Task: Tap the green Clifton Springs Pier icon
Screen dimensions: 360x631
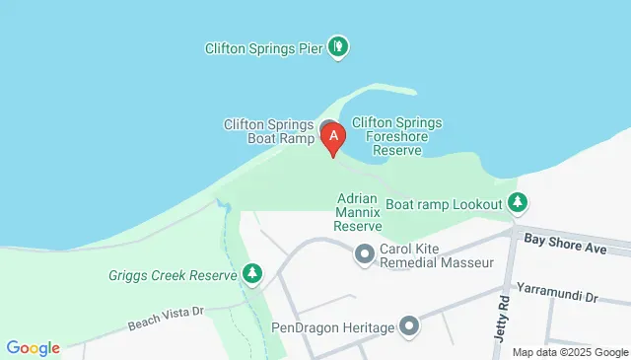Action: [339, 45]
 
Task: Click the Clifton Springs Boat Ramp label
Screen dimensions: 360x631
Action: [268, 131]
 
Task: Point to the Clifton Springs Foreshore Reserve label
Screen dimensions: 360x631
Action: [397, 136]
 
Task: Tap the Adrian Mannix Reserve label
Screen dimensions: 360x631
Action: [358, 211]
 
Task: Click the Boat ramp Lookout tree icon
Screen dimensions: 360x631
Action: [518, 203]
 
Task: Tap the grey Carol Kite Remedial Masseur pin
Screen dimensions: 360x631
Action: [365, 255]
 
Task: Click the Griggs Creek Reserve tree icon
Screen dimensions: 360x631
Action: [253, 272]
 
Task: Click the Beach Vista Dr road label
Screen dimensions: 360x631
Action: [165, 318]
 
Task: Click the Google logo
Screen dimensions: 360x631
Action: [34, 348]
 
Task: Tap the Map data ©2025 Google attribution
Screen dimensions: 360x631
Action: [570, 352]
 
